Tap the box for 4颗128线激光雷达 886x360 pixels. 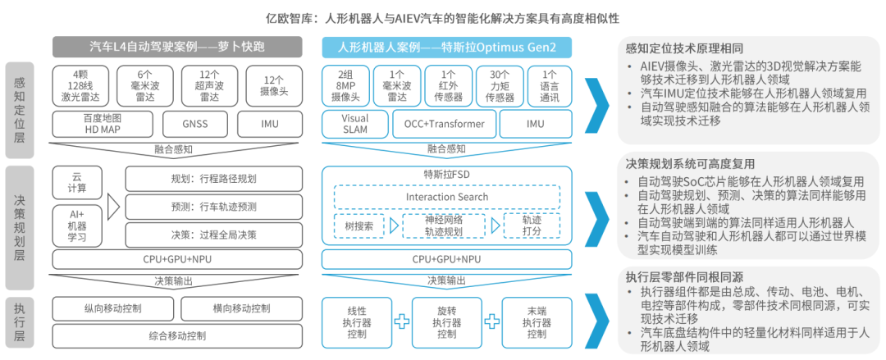pos(79,86)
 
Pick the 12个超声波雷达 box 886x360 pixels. pos(207,86)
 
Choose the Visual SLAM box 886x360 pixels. pos(349,125)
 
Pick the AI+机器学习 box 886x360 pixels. pos(78,223)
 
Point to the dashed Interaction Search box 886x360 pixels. pos(447,198)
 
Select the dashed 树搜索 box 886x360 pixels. pos(358,225)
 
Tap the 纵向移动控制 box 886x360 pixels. pos(112,309)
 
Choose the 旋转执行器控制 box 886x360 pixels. pos(448,321)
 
